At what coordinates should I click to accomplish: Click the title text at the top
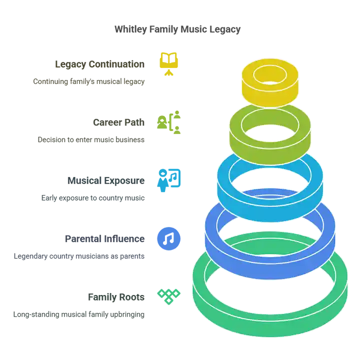177,30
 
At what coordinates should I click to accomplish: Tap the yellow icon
168,62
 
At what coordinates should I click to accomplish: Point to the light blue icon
169,178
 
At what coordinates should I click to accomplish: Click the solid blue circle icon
169,238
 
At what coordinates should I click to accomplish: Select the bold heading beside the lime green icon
120,122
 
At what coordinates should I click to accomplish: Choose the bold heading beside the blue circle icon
106,238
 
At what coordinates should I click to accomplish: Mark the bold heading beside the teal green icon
116,297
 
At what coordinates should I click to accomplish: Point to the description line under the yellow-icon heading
90,81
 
